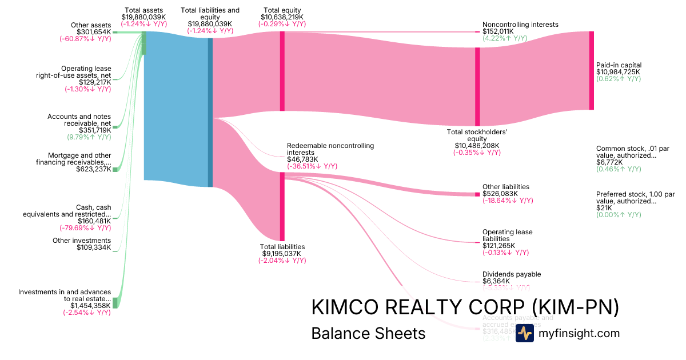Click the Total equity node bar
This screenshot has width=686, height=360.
[x=282, y=71]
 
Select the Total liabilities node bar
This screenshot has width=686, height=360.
[x=282, y=206]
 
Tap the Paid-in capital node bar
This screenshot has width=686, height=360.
[x=592, y=70]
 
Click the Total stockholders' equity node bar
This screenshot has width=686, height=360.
[x=477, y=87]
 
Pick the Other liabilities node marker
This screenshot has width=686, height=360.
[x=477, y=195]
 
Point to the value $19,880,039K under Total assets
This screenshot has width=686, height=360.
[x=143, y=17]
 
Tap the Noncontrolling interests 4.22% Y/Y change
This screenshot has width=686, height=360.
[x=505, y=38]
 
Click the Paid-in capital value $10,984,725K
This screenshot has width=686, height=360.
[x=619, y=72]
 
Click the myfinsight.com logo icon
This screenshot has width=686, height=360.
[x=525, y=334]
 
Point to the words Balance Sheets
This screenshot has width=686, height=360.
[x=368, y=334]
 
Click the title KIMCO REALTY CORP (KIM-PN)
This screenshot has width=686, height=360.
[x=465, y=307]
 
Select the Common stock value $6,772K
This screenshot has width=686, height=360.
[x=608, y=162]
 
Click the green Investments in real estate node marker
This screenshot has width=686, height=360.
[x=115, y=303]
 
